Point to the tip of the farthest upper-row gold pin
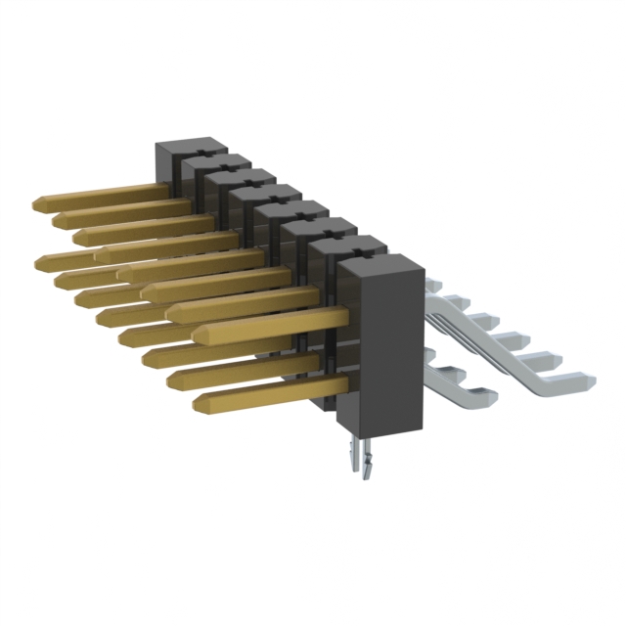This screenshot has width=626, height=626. pos(38,203)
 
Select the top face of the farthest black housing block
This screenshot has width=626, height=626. pos(192,146)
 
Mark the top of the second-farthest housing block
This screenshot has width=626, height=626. pos(220,161)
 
